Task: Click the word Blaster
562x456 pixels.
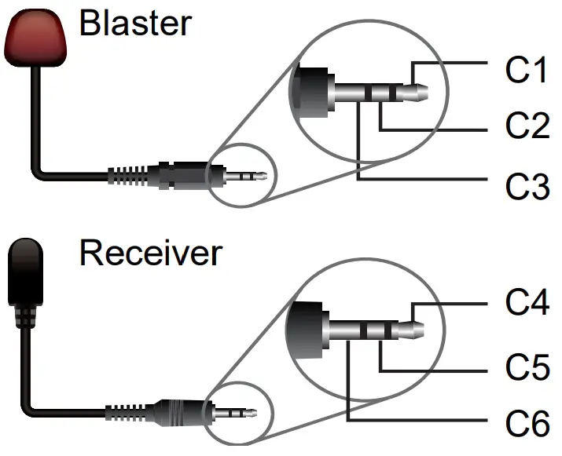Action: coord(135,24)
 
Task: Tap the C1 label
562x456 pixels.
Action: coord(527,70)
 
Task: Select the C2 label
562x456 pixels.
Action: coord(527,126)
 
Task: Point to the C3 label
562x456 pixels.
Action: coord(527,187)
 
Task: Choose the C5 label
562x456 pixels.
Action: coord(527,367)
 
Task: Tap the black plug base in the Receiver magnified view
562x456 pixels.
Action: coord(307,322)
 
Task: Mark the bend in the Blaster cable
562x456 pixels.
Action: coord(39,170)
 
